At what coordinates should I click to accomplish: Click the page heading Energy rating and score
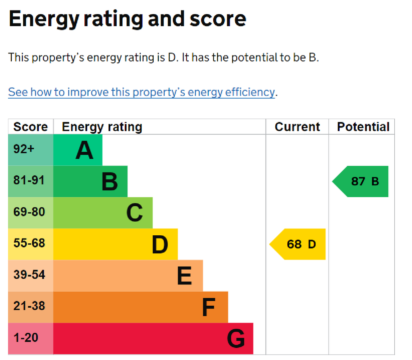(127, 19)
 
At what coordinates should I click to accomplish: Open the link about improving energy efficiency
(141, 92)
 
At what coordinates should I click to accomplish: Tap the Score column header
(31, 127)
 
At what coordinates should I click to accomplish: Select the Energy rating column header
(102, 127)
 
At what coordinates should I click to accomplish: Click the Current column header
(297, 127)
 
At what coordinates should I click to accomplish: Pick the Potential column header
(363, 127)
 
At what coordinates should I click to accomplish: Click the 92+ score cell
(24, 149)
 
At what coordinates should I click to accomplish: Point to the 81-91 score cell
(29, 181)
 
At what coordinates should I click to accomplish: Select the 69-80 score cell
(29, 212)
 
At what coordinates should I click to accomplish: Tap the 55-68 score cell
(29, 243)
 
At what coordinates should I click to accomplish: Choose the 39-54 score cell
(29, 275)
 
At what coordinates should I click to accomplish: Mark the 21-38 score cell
(29, 306)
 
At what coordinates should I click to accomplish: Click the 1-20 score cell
(26, 337)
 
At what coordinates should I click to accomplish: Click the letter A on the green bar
(84, 150)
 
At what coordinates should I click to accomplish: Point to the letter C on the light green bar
(134, 213)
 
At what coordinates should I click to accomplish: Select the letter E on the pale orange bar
(184, 276)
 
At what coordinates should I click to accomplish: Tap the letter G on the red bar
(236, 339)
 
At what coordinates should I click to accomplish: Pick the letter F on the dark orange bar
(208, 307)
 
